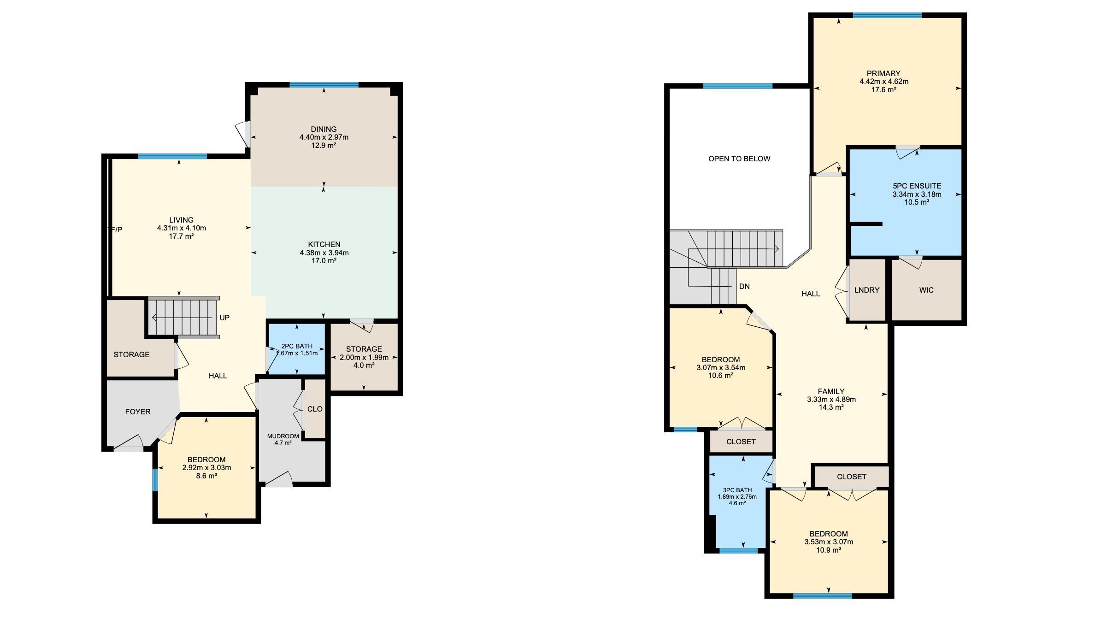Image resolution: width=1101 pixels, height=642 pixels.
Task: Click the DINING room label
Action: pos(324,129)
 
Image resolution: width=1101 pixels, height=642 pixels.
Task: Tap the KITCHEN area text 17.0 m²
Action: pos(324,261)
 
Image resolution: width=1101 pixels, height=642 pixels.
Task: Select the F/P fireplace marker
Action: pos(117,230)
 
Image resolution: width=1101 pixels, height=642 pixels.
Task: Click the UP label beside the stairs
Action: pos(224,318)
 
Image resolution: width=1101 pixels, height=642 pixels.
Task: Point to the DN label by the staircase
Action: pos(744,287)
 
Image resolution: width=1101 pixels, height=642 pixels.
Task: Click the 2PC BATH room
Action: pos(297,349)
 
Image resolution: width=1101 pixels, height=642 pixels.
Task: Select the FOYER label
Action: pos(138,412)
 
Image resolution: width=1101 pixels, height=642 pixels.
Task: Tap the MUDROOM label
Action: pos(283,436)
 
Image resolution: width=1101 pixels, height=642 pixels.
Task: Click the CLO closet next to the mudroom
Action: pos(315,409)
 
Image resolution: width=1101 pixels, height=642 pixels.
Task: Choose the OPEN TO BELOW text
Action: pos(739,159)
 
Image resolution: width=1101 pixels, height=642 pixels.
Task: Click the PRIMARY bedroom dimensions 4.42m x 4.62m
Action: pos(883,82)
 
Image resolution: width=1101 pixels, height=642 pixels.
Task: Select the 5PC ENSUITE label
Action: pos(917,186)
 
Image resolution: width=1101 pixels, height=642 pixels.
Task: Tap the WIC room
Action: pos(926,290)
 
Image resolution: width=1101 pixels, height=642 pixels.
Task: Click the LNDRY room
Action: pos(867,290)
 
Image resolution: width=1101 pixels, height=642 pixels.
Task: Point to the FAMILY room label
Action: pos(831,392)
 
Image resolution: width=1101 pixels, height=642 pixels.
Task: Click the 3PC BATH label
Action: pos(737,490)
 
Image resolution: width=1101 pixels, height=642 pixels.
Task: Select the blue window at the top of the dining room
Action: pos(324,85)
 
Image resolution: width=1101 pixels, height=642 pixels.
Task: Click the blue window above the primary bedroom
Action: pos(887,15)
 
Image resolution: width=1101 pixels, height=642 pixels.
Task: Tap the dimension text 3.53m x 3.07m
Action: pos(829,542)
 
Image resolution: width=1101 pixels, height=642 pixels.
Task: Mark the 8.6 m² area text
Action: pos(206,476)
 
